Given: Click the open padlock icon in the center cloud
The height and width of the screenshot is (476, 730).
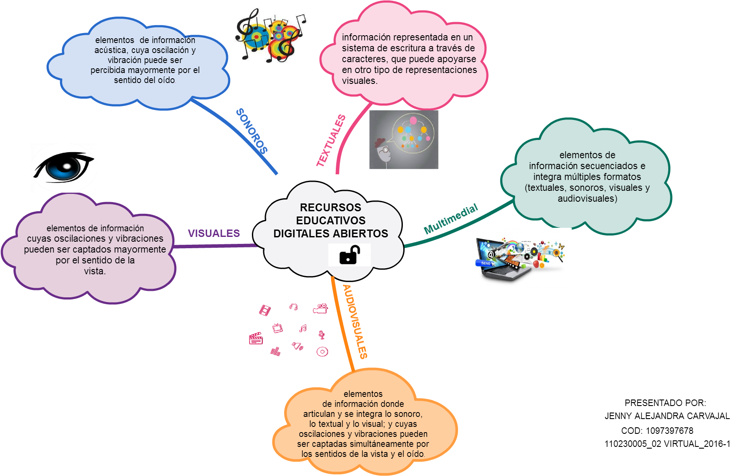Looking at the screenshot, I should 349,255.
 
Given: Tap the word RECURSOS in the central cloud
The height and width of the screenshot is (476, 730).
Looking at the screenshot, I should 331,207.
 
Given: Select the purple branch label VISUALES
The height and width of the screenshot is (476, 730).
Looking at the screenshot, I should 214,233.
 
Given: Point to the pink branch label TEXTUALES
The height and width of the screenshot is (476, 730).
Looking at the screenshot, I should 331,141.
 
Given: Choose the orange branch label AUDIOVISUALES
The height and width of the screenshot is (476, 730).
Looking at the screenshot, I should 355,322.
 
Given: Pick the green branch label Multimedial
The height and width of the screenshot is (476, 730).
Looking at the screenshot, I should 451,219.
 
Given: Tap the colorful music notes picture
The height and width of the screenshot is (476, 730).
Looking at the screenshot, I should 270,36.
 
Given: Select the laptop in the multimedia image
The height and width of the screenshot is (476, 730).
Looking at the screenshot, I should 500,261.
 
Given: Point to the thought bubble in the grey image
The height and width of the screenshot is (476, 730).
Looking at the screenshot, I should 412,133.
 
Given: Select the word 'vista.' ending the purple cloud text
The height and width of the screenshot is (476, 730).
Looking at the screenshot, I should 95,271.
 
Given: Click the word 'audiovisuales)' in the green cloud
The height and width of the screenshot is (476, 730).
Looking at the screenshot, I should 587,199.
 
